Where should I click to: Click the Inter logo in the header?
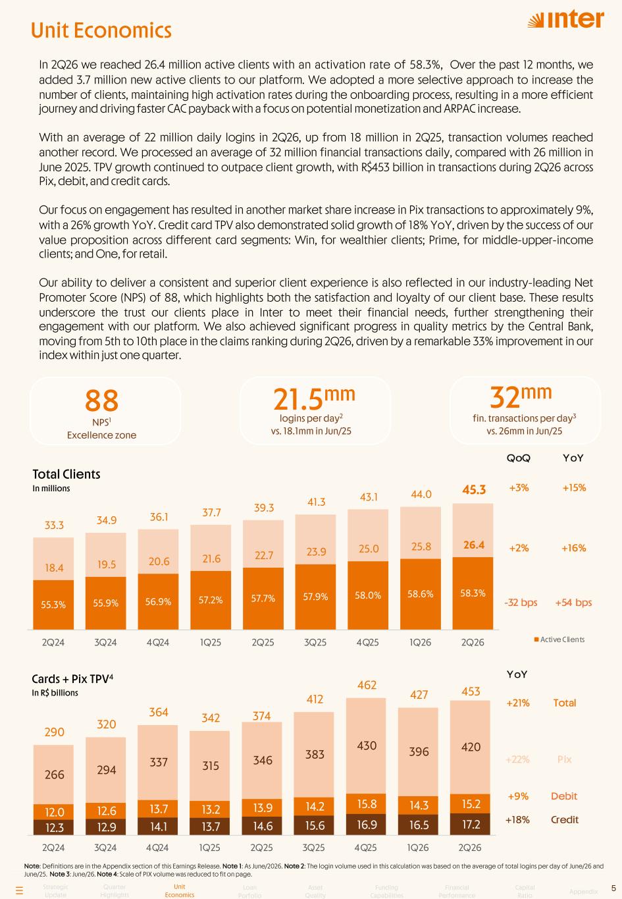click(566, 19)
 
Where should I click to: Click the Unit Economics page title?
click(101, 30)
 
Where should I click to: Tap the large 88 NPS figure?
click(101, 400)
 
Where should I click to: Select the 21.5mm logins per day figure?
click(314, 398)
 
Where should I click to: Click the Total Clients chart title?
click(66, 474)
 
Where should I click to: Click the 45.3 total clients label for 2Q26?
click(474, 489)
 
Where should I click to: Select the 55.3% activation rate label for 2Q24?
click(53, 605)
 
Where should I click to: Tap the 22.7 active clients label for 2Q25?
click(264, 555)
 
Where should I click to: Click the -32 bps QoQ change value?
click(521, 603)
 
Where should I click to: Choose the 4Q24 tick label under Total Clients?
click(157, 642)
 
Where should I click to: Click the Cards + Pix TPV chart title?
click(72, 678)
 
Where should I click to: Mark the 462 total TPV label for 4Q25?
click(367, 685)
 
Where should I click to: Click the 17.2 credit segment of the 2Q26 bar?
click(470, 824)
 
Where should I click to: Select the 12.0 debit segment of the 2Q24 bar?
click(54, 812)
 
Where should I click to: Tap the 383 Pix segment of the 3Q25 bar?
click(314, 755)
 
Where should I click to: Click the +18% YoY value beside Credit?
click(517, 819)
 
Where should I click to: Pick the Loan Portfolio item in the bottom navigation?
click(249, 891)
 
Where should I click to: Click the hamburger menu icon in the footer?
click(19, 890)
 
